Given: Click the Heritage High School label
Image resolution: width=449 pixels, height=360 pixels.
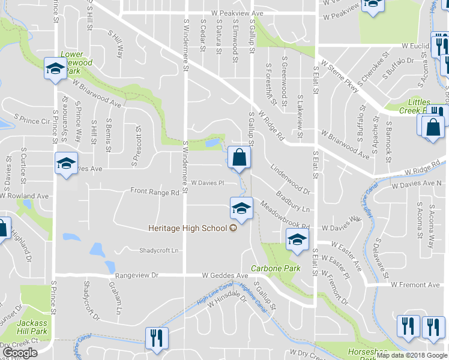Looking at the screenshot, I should (187, 228).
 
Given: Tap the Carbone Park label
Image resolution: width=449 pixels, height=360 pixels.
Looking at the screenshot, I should (275, 268).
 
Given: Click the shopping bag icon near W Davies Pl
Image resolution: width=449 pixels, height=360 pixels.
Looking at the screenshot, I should (240, 158).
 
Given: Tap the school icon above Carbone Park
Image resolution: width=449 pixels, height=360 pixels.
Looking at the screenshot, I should (297, 240).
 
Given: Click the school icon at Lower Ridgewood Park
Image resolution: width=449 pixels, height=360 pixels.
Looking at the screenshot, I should (55, 68).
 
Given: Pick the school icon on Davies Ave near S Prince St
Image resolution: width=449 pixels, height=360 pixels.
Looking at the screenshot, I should (66, 163).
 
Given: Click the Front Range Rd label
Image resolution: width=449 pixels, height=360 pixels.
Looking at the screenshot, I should (155, 193).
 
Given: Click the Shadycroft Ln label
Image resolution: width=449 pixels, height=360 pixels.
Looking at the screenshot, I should (159, 250).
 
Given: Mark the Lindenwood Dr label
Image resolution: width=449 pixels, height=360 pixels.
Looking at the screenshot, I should (289, 181).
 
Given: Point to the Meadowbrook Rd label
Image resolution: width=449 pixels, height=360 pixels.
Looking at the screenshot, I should (285, 216).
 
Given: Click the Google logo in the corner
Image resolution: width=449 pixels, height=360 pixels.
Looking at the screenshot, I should (20, 353).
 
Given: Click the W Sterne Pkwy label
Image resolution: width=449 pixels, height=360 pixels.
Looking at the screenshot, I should (340, 74).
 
